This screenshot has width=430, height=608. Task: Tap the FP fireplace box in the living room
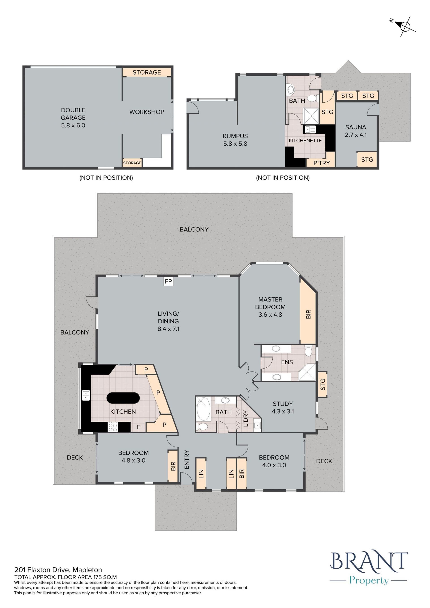[168, 281]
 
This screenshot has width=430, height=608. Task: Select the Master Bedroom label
[270, 303]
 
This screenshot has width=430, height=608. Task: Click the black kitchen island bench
[123, 398]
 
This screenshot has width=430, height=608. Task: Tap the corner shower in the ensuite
[307, 372]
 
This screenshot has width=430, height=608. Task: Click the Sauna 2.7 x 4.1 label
[356, 131]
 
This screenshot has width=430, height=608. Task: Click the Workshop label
[147, 112]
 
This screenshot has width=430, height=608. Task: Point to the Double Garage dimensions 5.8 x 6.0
[73, 126]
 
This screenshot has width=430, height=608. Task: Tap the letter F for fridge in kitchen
[138, 427]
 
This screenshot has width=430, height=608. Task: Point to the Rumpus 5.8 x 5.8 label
[235, 140]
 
